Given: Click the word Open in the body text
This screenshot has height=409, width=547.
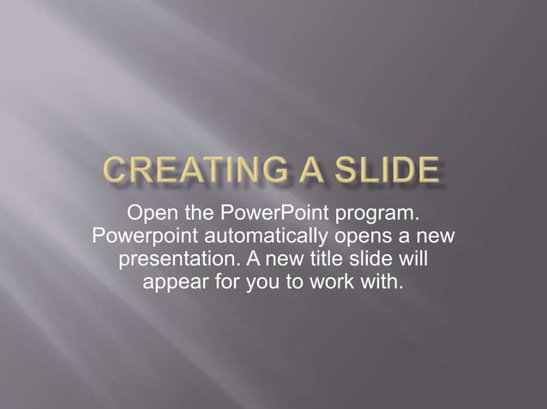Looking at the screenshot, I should click(151, 211).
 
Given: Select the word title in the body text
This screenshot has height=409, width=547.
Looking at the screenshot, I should click(339, 258).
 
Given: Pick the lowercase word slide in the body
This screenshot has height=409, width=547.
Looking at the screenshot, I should click(382, 258).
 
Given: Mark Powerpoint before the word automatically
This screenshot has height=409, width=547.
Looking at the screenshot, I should click(141, 234).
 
